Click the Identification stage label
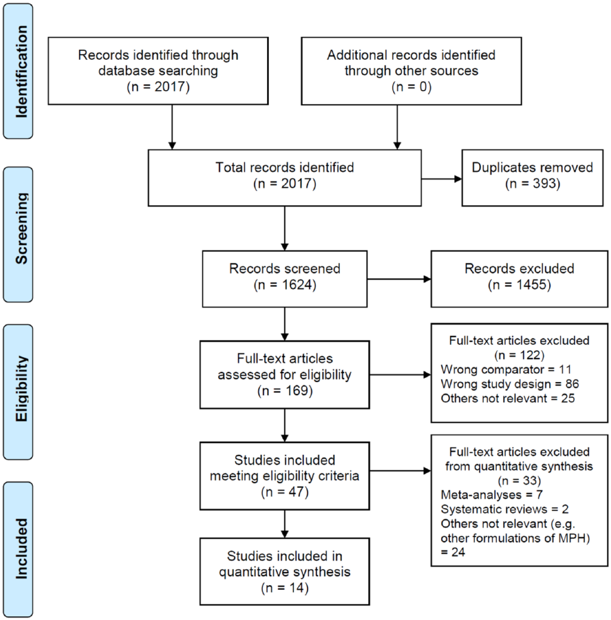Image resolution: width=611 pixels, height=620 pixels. (x=21, y=72)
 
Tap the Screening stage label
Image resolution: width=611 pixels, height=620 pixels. (x=21, y=228)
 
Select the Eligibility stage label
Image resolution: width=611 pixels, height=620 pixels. (x=21, y=389)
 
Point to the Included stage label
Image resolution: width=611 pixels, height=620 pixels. (x=21, y=548)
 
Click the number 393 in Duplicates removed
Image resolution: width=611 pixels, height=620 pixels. (x=544, y=184)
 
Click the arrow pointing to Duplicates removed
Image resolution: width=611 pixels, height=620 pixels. (x=441, y=179)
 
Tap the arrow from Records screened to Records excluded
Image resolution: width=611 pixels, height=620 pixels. (x=399, y=279)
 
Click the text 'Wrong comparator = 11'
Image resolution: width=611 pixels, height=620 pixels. (x=506, y=369)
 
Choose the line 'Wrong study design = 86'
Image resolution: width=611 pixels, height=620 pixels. (x=510, y=384)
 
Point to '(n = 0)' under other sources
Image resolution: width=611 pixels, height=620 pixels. (x=412, y=87)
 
